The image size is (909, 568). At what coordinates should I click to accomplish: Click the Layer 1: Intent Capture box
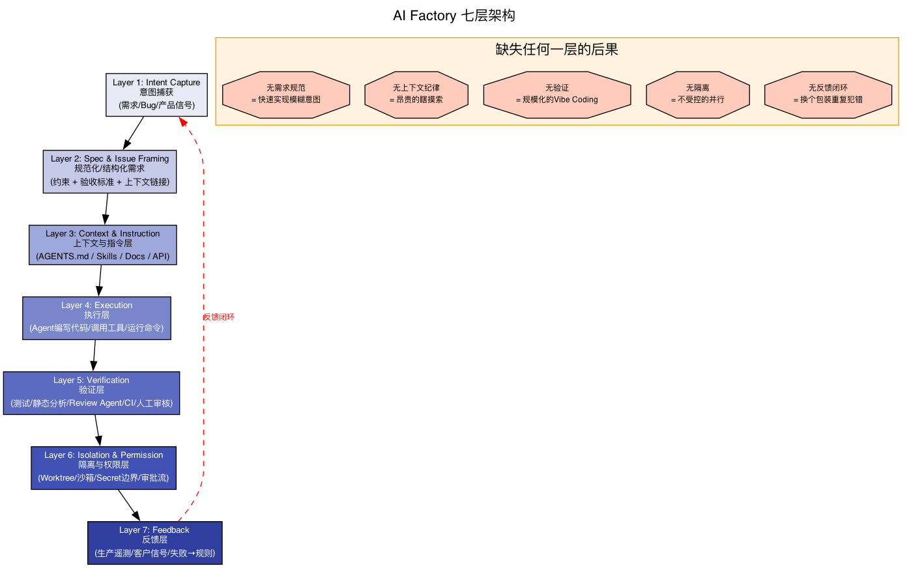156,94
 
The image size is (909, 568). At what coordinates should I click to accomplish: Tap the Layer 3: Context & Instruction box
102,245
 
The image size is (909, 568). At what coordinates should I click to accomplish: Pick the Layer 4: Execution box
96,318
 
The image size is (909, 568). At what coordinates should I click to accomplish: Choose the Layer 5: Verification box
91,393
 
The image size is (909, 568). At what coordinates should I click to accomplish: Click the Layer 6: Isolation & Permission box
103,468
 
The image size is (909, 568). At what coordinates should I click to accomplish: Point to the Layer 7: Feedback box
154,543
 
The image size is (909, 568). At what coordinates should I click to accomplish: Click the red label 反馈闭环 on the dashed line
219,317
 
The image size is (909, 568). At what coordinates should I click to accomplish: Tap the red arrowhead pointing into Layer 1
183,122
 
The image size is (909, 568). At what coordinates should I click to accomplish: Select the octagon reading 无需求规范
286,94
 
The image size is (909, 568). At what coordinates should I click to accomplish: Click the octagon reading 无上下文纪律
416,94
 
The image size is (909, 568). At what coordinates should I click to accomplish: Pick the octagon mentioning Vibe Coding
556,94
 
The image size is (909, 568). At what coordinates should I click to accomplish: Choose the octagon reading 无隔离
697,94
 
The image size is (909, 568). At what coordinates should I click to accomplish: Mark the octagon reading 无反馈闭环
828,94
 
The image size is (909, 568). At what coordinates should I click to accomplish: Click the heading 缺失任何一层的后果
556,50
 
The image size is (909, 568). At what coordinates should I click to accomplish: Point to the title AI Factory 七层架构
454,16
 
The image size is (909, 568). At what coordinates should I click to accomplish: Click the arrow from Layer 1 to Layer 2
133,134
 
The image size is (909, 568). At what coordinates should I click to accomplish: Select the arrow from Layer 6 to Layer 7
128,505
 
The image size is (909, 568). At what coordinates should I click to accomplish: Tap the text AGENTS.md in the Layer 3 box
63,257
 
